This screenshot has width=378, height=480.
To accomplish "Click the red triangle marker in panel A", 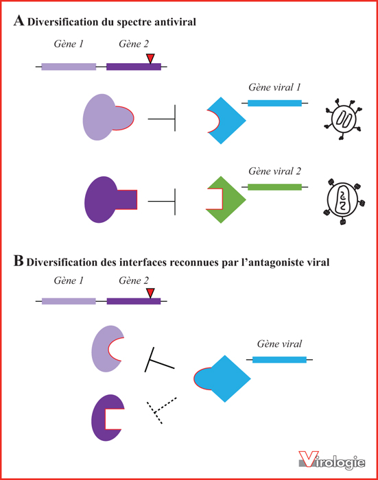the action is (150, 58).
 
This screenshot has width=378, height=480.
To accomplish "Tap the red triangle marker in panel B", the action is (150, 292).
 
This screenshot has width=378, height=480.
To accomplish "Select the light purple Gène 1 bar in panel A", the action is (69, 67).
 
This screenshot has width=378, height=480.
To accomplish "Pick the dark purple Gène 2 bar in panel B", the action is (134, 301).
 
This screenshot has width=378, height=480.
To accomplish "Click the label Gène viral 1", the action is (274, 87).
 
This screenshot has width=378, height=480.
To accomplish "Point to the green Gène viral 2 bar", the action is (275, 187).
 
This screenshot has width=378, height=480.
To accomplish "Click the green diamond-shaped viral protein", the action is (226, 200).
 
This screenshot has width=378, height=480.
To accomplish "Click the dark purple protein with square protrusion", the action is (107, 200).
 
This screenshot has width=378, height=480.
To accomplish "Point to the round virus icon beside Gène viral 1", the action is (344, 119).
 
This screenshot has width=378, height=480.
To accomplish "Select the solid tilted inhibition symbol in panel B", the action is (158, 360).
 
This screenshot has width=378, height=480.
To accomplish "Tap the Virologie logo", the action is (332, 460).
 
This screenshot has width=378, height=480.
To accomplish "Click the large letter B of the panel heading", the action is (19, 261).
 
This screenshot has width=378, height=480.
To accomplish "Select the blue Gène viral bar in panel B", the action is (279, 360).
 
